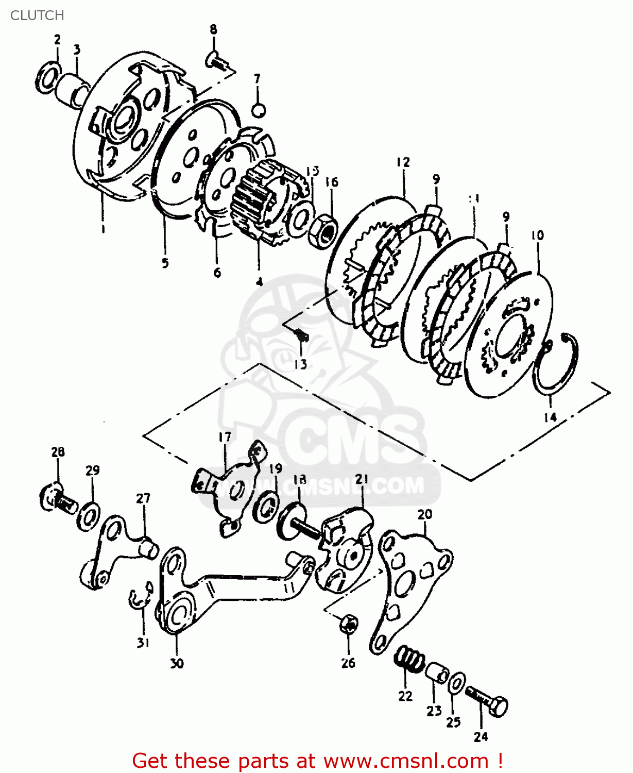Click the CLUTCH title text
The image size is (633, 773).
(37, 15)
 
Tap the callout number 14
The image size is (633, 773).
(550, 417)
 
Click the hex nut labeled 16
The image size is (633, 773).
(323, 229)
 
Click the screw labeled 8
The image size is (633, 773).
(217, 62)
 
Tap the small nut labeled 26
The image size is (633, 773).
(349, 625)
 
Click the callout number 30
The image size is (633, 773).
(177, 663)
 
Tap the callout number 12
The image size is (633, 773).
(403, 162)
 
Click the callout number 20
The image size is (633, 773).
(425, 514)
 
